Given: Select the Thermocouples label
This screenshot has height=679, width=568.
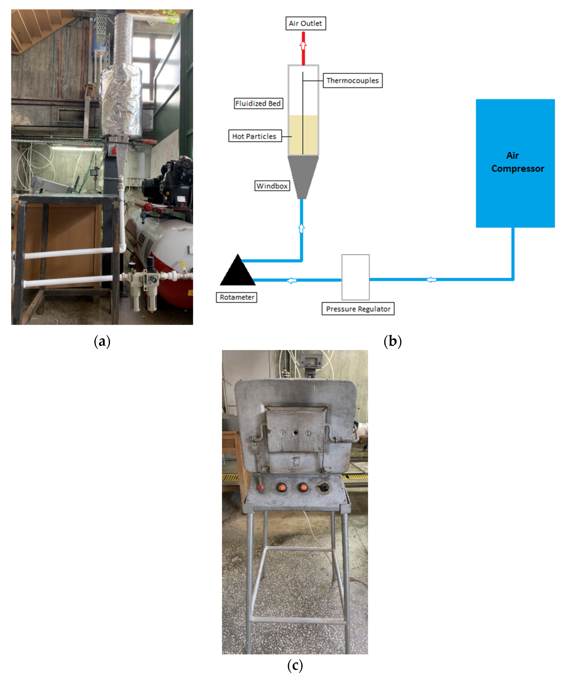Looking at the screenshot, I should click(x=352, y=80).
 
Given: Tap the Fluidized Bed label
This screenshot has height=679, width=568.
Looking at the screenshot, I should click(x=258, y=103).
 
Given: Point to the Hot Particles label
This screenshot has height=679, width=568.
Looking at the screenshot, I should click(x=254, y=136).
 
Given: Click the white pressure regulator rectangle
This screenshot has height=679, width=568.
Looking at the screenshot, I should click(x=355, y=277).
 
